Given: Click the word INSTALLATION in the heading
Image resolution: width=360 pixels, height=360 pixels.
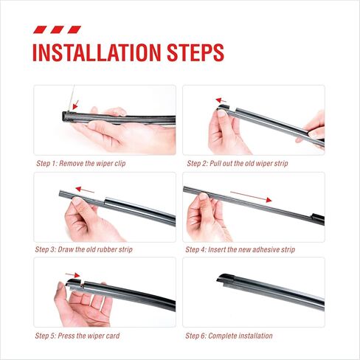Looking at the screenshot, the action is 97,52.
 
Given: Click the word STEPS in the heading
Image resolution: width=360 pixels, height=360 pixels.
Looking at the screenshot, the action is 195,52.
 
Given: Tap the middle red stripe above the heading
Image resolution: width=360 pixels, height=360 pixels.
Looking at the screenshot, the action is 58,30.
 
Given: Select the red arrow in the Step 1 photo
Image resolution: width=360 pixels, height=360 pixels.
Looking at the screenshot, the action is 75,105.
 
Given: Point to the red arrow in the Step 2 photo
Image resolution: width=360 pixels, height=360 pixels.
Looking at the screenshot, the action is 221,100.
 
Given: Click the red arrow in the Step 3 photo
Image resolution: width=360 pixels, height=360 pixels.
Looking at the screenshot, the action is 85,190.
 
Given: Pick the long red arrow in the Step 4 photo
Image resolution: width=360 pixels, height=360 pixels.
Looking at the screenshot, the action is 251,197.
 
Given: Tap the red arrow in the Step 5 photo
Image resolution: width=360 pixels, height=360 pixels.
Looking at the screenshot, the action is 73,274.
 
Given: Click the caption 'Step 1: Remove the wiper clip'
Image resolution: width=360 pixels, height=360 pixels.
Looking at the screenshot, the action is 81,164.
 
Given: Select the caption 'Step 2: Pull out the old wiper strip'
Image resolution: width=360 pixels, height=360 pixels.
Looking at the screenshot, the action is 238,164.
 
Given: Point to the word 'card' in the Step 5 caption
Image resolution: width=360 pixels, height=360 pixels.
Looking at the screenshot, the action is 113,336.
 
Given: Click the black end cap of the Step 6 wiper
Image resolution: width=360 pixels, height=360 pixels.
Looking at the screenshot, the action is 226,278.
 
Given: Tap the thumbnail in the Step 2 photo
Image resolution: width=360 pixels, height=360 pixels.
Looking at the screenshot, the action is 222,113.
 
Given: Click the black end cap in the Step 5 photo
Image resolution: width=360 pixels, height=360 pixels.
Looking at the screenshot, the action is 74,282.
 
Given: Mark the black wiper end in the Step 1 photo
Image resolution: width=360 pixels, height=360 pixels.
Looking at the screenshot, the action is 66,117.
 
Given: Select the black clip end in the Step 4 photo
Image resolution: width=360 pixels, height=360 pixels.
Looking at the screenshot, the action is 317,218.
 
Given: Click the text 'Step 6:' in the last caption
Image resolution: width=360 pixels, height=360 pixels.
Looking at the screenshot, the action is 195,336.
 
